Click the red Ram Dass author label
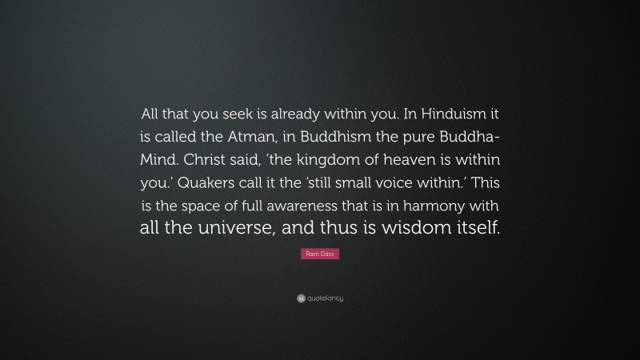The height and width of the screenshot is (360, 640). click(320, 254)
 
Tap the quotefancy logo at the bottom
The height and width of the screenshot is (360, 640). click(320, 298)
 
